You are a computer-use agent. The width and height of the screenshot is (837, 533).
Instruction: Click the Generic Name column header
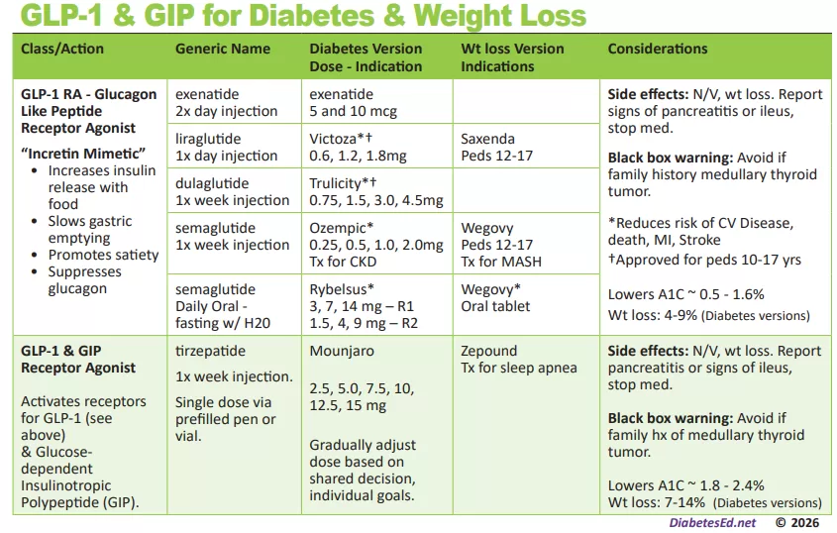(x=223, y=49)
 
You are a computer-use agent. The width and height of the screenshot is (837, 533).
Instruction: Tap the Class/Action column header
(x=62, y=49)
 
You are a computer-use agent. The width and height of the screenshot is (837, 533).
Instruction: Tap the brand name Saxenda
(x=487, y=139)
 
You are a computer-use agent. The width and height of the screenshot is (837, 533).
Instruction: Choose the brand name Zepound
(x=489, y=351)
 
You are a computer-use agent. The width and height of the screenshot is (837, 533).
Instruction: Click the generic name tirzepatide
(x=211, y=351)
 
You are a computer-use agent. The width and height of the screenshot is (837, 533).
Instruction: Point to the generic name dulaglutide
(x=212, y=183)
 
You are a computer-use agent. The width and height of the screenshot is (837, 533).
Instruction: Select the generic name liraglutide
(x=208, y=139)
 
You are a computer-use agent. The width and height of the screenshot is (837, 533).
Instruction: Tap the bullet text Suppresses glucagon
(x=85, y=280)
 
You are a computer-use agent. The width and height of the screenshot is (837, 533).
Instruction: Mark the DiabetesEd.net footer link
(x=712, y=522)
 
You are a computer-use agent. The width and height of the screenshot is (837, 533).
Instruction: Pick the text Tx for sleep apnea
(x=519, y=369)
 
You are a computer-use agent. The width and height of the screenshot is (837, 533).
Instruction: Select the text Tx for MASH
(x=501, y=262)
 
